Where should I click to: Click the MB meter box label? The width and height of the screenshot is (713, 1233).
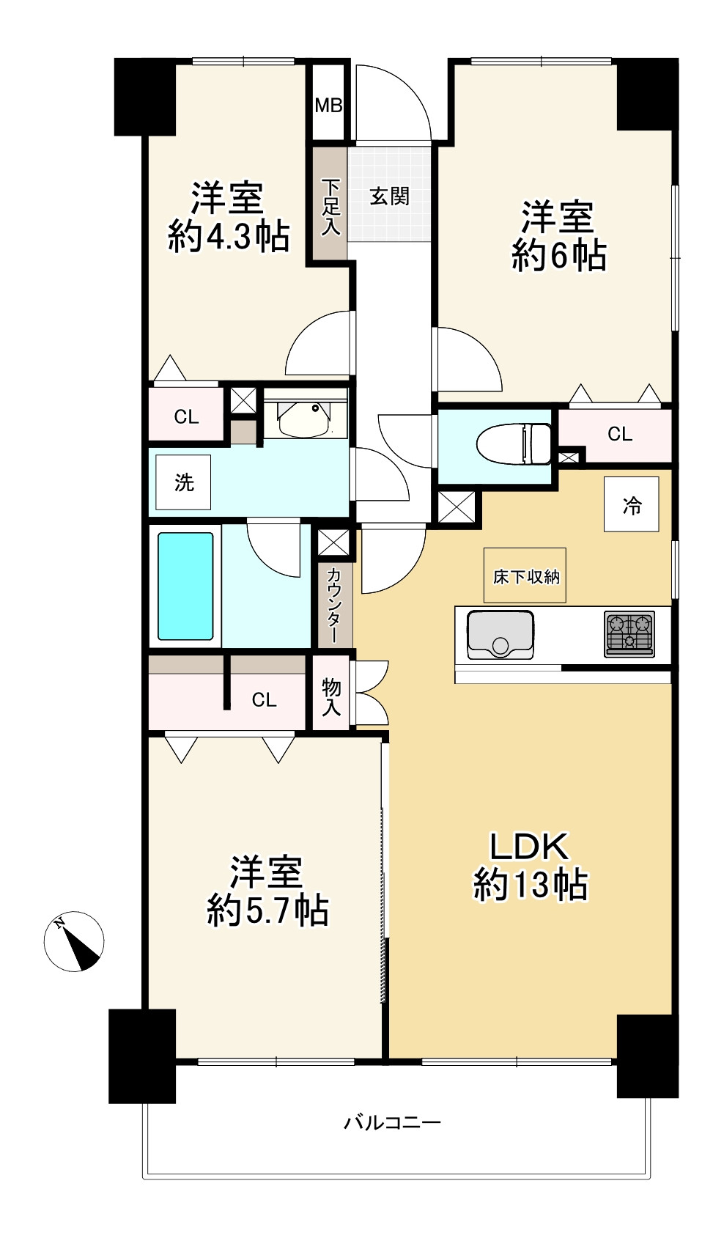tap(328, 105)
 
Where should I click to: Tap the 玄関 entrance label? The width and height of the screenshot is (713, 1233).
tap(390, 196)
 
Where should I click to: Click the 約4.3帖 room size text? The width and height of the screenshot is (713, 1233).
tap(229, 237)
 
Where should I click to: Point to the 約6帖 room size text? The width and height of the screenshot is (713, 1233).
tap(559, 256)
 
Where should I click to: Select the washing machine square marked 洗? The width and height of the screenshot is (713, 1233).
tap(183, 482)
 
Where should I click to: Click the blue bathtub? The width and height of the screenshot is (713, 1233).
tap(185, 586)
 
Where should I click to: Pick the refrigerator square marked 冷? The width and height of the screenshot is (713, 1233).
tap(632, 504)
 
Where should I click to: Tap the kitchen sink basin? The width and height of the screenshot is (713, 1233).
tap(500, 635)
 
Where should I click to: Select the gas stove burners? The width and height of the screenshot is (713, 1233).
tap(629, 634)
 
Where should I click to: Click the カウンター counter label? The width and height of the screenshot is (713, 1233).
tap(334, 606)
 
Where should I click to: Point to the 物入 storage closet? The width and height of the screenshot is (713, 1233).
tap(331, 695)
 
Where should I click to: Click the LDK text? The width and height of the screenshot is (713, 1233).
tap(530, 847)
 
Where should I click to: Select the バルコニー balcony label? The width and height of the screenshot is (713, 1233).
tap(393, 1122)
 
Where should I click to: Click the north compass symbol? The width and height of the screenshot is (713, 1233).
tap(74, 942)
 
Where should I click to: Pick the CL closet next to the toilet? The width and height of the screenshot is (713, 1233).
tap(620, 434)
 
